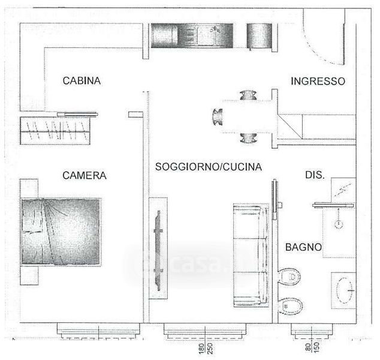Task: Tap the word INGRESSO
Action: (318, 81)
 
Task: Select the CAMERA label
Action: (85, 176)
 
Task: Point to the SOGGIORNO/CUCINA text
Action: (209, 167)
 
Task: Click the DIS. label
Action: (315, 176)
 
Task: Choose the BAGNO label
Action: (303, 247)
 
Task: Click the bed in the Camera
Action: (61, 231)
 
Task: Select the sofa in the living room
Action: (250, 254)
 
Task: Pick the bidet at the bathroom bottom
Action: (290, 306)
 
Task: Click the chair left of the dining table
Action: (218, 115)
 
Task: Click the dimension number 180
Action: (201, 349)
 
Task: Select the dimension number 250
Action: (210, 349)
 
